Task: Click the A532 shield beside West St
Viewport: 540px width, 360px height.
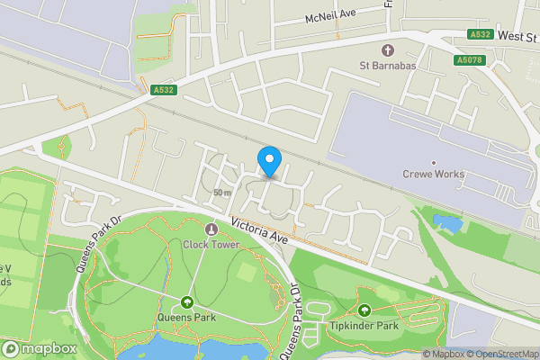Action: [x=480, y=34]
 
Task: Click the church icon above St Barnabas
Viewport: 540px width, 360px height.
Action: [x=389, y=49]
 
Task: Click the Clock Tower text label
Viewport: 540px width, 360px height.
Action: [x=211, y=243]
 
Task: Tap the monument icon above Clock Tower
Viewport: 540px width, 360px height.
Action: [x=211, y=229]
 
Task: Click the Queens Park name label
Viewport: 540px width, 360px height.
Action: [x=187, y=317]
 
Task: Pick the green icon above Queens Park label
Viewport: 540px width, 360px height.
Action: [x=187, y=301]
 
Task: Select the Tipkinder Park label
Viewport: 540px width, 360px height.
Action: [x=364, y=325]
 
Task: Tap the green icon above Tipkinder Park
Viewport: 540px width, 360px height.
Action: [x=364, y=310]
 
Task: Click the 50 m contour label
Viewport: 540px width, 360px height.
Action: [x=222, y=193]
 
